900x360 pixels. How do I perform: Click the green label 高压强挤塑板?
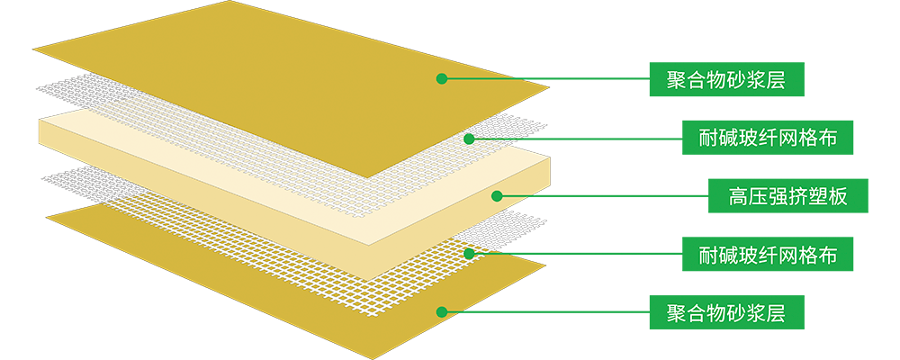click(x=787, y=195)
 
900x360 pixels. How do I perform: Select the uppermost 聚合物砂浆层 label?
click(x=725, y=79)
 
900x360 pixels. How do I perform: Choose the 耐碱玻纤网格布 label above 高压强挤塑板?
click(x=768, y=138)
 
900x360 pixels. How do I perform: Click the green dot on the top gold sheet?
click(x=441, y=79)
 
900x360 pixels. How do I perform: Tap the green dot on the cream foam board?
click(x=496, y=195)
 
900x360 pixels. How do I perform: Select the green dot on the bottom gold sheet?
click(x=441, y=312)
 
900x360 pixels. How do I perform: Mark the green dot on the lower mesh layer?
click(x=469, y=254)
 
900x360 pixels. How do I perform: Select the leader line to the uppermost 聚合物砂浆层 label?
click(x=549, y=79)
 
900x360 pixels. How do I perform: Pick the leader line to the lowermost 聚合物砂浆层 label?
click(x=549, y=312)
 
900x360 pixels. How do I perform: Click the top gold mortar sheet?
click(x=270, y=72)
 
